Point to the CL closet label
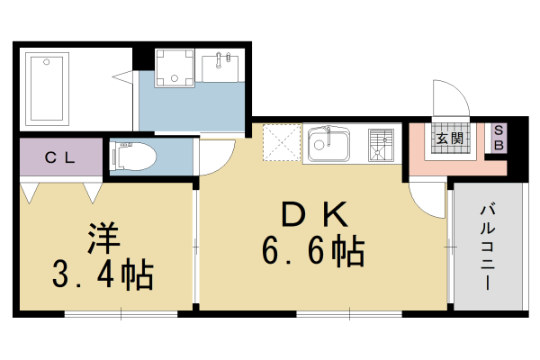point(60,158)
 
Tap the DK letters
point(314,216)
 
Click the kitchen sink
point(328,144)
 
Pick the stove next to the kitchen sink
point(381,143)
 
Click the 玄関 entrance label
point(449,139)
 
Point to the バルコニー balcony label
point(487,246)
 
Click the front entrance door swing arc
point(450,96)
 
